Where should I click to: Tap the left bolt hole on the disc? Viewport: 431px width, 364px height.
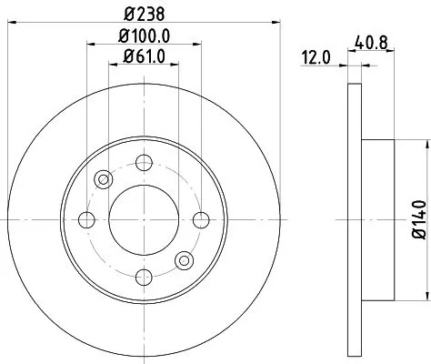pyautogui.click(x=86, y=219)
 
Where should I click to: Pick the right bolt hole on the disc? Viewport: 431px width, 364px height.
pyautogui.click(x=199, y=219)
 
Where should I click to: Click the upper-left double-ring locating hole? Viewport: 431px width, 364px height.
pyautogui.click(x=103, y=179)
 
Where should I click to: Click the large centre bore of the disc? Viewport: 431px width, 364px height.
pyautogui.click(x=143, y=219)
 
